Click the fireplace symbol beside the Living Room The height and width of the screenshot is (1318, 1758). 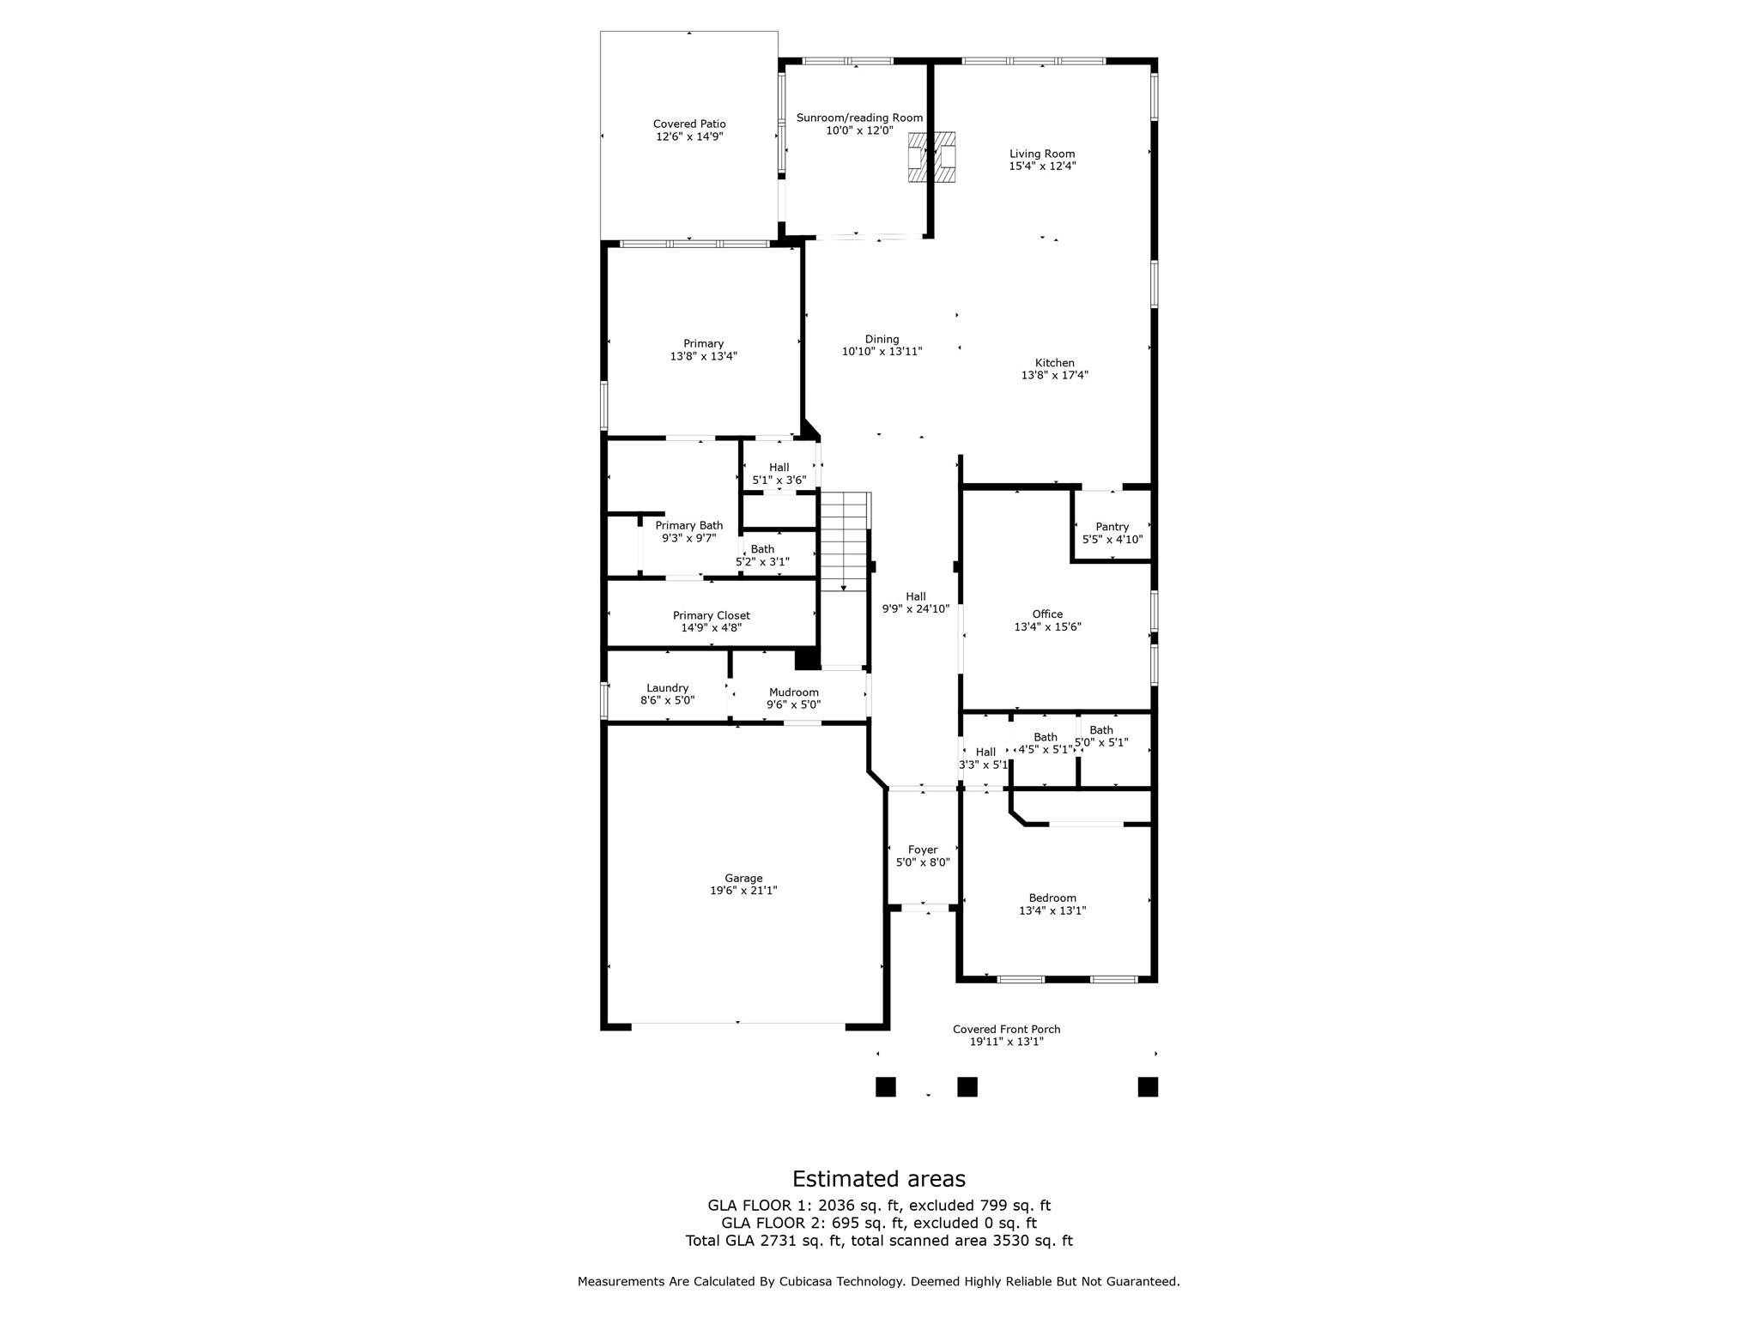(x=932, y=156)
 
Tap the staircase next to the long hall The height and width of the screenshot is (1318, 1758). (x=845, y=541)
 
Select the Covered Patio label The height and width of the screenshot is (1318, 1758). (x=689, y=124)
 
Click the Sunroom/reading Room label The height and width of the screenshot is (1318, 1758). (x=859, y=118)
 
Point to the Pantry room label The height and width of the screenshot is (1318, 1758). (x=1112, y=527)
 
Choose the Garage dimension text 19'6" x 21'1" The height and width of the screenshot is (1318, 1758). (x=743, y=891)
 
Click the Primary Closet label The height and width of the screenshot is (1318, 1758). (x=711, y=615)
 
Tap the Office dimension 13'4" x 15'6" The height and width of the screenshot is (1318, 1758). (x=1047, y=626)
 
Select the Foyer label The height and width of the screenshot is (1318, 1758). (x=923, y=849)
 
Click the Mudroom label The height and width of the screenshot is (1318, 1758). (x=793, y=692)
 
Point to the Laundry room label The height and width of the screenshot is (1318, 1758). (x=667, y=688)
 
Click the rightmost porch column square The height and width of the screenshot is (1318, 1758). (x=1148, y=1087)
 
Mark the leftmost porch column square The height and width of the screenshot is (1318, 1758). (x=885, y=1087)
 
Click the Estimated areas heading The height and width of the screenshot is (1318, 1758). (x=878, y=1179)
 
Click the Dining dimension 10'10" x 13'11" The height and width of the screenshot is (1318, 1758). (x=882, y=351)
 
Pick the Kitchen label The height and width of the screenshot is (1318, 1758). (x=1054, y=363)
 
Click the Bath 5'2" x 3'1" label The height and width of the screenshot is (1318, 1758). (x=762, y=549)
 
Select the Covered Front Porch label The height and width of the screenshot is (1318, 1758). (x=1006, y=1030)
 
